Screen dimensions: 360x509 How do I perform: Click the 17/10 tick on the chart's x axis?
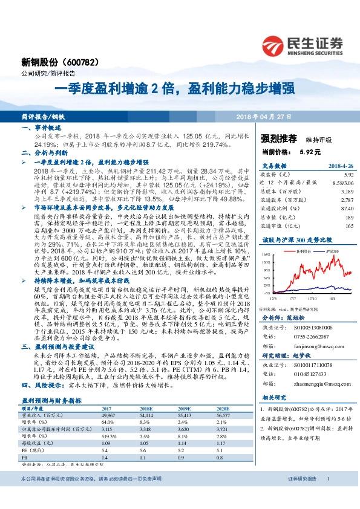click(313, 297)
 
